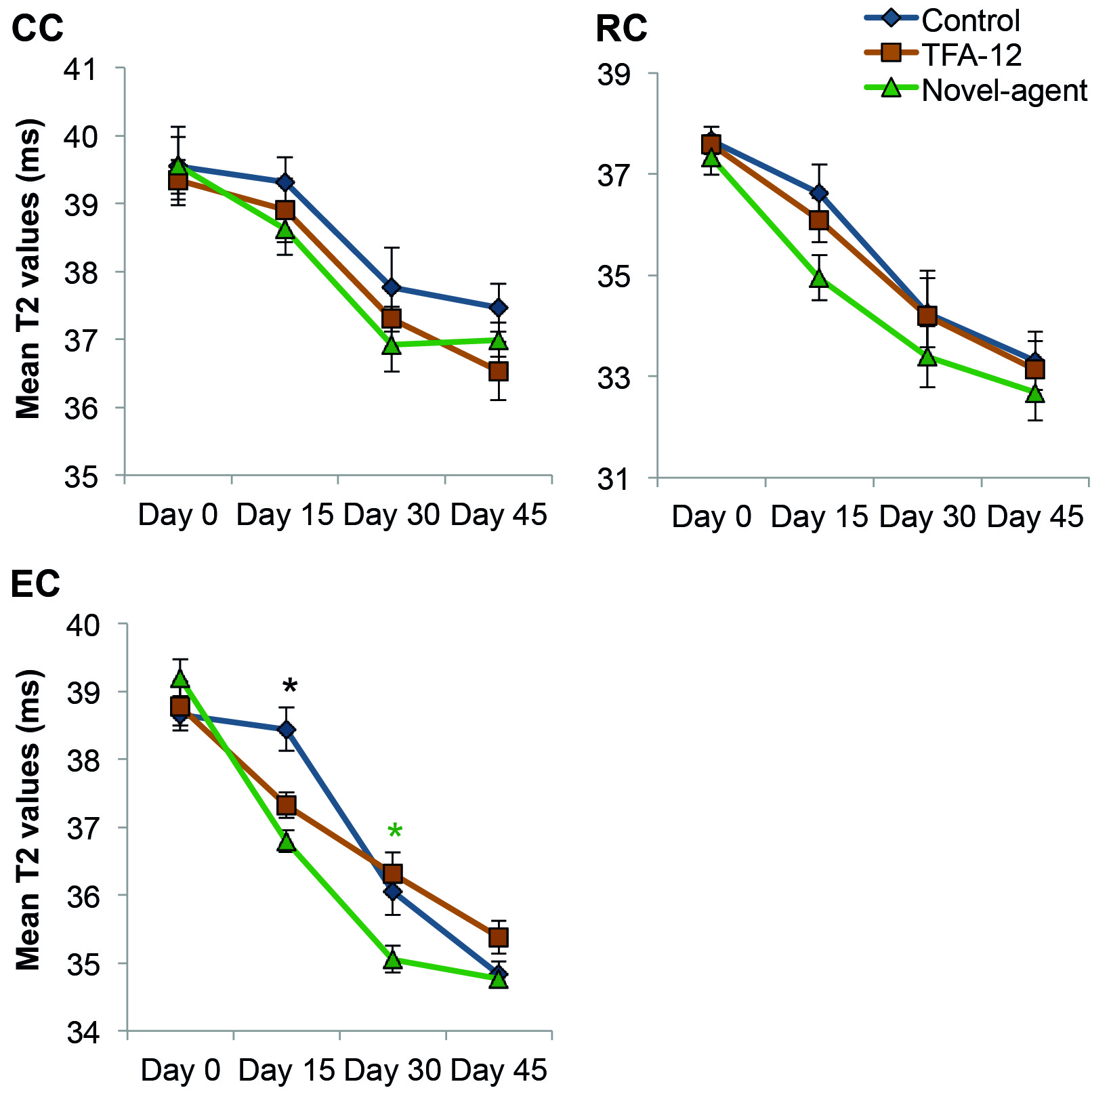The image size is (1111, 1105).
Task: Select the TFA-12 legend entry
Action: click(971, 55)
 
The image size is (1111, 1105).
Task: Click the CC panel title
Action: click(38, 28)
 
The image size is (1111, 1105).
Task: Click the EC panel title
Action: click(36, 583)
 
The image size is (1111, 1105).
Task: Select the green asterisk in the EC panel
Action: click(394, 833)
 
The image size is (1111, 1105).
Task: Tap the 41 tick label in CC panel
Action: click(81, 68)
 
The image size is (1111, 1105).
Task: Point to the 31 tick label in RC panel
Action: click(614, 479)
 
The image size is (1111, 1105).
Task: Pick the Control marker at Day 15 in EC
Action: click(287, 730)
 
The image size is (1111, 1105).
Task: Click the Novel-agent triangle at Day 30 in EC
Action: click(393, 959)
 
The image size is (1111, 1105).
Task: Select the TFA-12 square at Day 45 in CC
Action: click(499, 371)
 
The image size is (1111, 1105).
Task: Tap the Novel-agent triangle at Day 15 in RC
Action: click(819, 278)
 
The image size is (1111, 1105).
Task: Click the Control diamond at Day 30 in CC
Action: click(392, 287)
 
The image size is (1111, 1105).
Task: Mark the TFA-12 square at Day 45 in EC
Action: click(499, 938)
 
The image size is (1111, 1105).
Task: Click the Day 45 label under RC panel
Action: click(1035, 517)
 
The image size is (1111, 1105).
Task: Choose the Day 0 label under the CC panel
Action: click(178, 515)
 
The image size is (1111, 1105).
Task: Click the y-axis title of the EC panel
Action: click(28, 820)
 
